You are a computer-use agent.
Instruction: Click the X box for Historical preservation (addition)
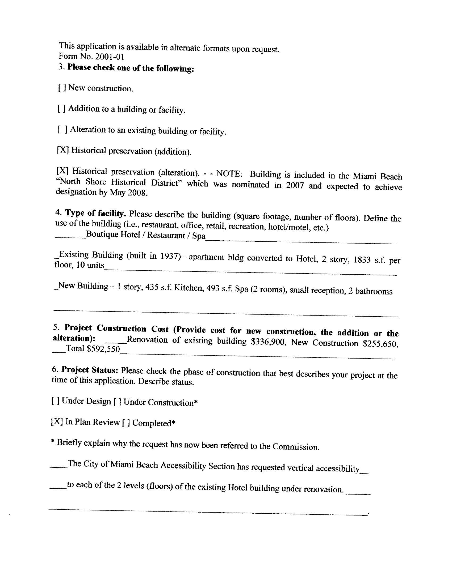63,150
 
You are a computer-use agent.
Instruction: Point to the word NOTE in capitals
229,174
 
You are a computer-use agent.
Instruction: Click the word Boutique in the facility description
102,235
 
